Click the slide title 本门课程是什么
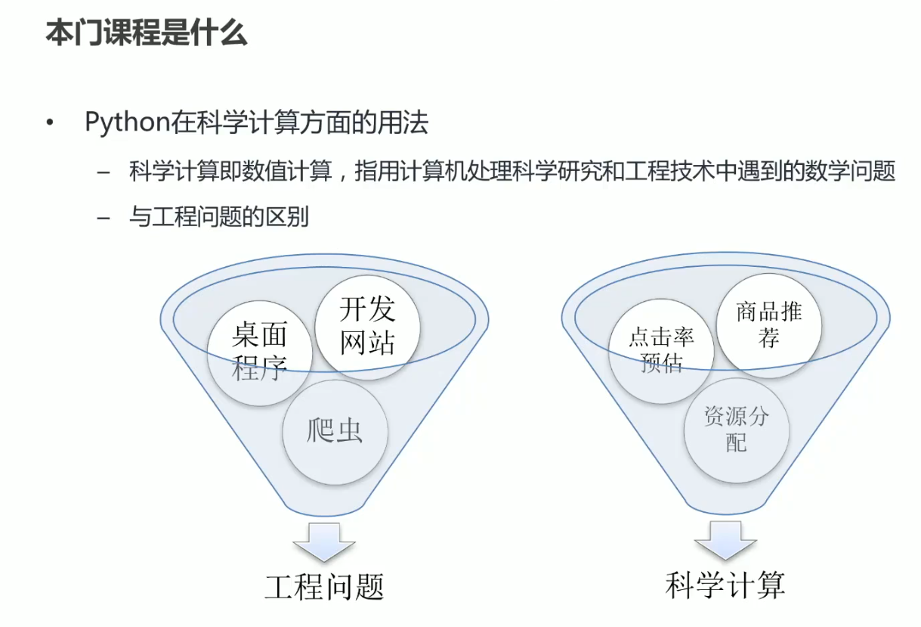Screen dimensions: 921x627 (147, 33)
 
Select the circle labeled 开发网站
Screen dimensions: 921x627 (367, 326)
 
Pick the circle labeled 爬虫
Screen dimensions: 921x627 (335, 431)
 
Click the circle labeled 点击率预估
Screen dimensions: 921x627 (661, 349)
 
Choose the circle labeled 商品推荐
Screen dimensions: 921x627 (769, 325)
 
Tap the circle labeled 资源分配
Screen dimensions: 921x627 (737, 430)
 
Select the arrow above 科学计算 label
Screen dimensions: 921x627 (725, 539)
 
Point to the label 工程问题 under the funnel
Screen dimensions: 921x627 (324, 587)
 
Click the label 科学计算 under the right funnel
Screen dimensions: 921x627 (725, 585)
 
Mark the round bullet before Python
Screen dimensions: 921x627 (51, 123)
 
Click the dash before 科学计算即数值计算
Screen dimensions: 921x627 (104, 173)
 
